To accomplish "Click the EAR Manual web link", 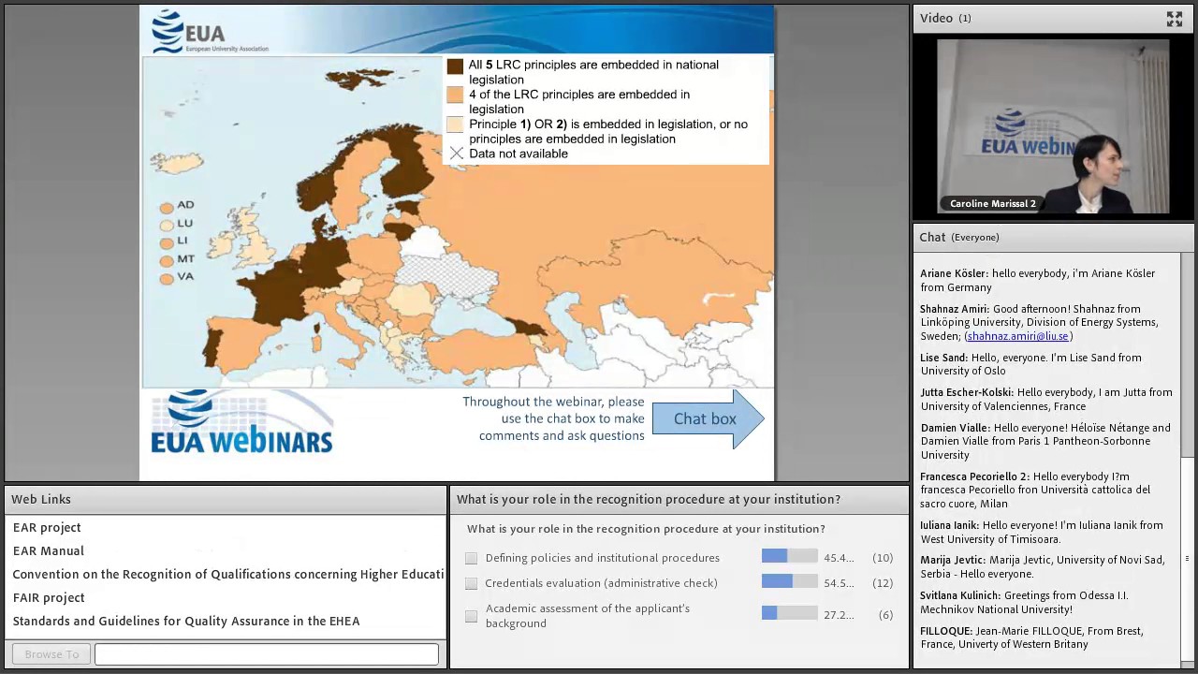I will click(49, 550).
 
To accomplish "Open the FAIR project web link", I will click(49, 597).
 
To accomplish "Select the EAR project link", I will click(47, 527).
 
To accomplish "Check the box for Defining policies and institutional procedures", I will click(472, 558).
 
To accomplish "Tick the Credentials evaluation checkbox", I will click(472, 583).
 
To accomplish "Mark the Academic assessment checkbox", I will click(472, 615).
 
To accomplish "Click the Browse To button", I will click(51, 654).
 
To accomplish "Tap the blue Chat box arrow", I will click(707, 418).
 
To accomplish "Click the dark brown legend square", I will click(455, 66).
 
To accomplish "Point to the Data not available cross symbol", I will click(456, 154).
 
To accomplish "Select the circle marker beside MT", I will click(167, 260).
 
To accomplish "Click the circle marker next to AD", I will click(167, 207).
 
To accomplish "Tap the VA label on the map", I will click(185, 276).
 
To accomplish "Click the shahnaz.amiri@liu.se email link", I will click(1017, 336).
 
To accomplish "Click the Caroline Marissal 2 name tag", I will click(992, 203).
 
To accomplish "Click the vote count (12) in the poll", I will click(882, 583).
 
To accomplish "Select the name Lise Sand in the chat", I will click(943, 358).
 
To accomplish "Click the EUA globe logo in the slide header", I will click(168, 31).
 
